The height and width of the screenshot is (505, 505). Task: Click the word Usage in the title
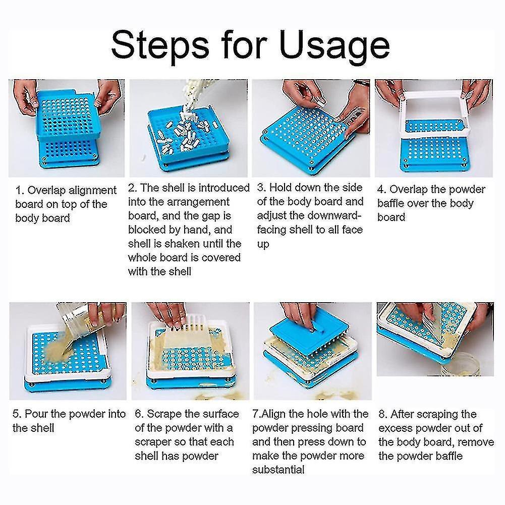pos(334,47)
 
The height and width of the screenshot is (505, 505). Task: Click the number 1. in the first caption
pos(20,190)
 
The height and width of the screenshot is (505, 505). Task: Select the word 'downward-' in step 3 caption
pos(335,215)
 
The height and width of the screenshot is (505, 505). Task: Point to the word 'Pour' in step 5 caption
pos(35,414)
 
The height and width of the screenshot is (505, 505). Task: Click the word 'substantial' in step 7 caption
pos(278,470)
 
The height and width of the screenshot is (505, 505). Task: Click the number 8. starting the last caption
pos(383,414)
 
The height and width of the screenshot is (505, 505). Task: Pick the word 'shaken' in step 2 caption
pos(182,244)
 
